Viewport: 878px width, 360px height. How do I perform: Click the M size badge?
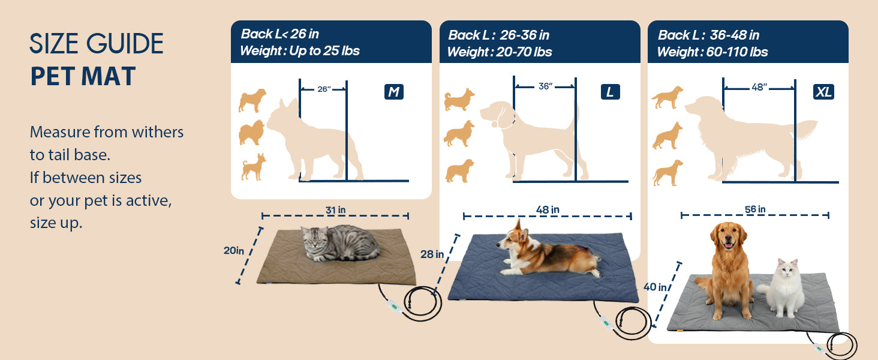[394, 92]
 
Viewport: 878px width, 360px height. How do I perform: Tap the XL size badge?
[823, 92]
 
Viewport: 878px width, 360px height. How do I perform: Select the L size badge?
[611, 92]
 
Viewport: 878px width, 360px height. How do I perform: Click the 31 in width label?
[335, 210]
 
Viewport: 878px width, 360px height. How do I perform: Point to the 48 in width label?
[548, 210]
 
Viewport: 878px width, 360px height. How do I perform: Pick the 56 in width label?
[755, 209]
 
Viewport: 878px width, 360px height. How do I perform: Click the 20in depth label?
[234, 250]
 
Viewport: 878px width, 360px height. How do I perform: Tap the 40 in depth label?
[655, 287]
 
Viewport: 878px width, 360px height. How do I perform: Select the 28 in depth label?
[432, 254]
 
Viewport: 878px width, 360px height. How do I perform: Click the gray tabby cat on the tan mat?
[340, 243]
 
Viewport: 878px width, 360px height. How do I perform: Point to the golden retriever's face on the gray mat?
[728, 236]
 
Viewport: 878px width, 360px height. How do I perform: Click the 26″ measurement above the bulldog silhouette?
[324, 89]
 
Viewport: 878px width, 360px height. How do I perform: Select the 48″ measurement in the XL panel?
[759, 87]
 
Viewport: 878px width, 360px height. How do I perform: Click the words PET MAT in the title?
[83, 76]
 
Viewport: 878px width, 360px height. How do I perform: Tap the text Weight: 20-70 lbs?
[500, 52]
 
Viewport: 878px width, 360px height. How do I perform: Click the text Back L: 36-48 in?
[709, 35]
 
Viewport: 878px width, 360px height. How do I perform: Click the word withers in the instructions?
[158, 132]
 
